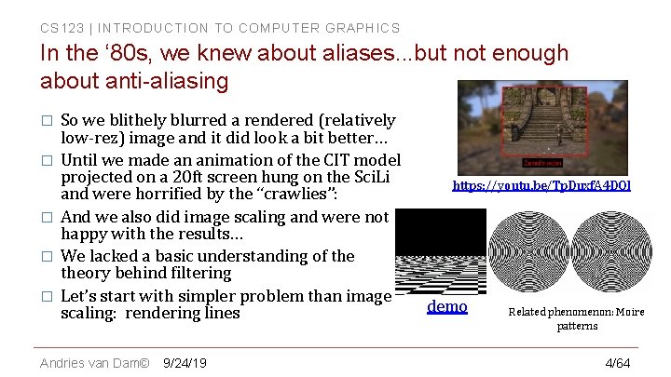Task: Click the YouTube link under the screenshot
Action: [541, 186]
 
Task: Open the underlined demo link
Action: [446, 306]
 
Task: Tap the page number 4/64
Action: [618, 362]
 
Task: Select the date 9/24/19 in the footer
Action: [185, 362]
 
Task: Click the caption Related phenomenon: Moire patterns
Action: [576, 318]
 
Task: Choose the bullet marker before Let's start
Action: [45, 297]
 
